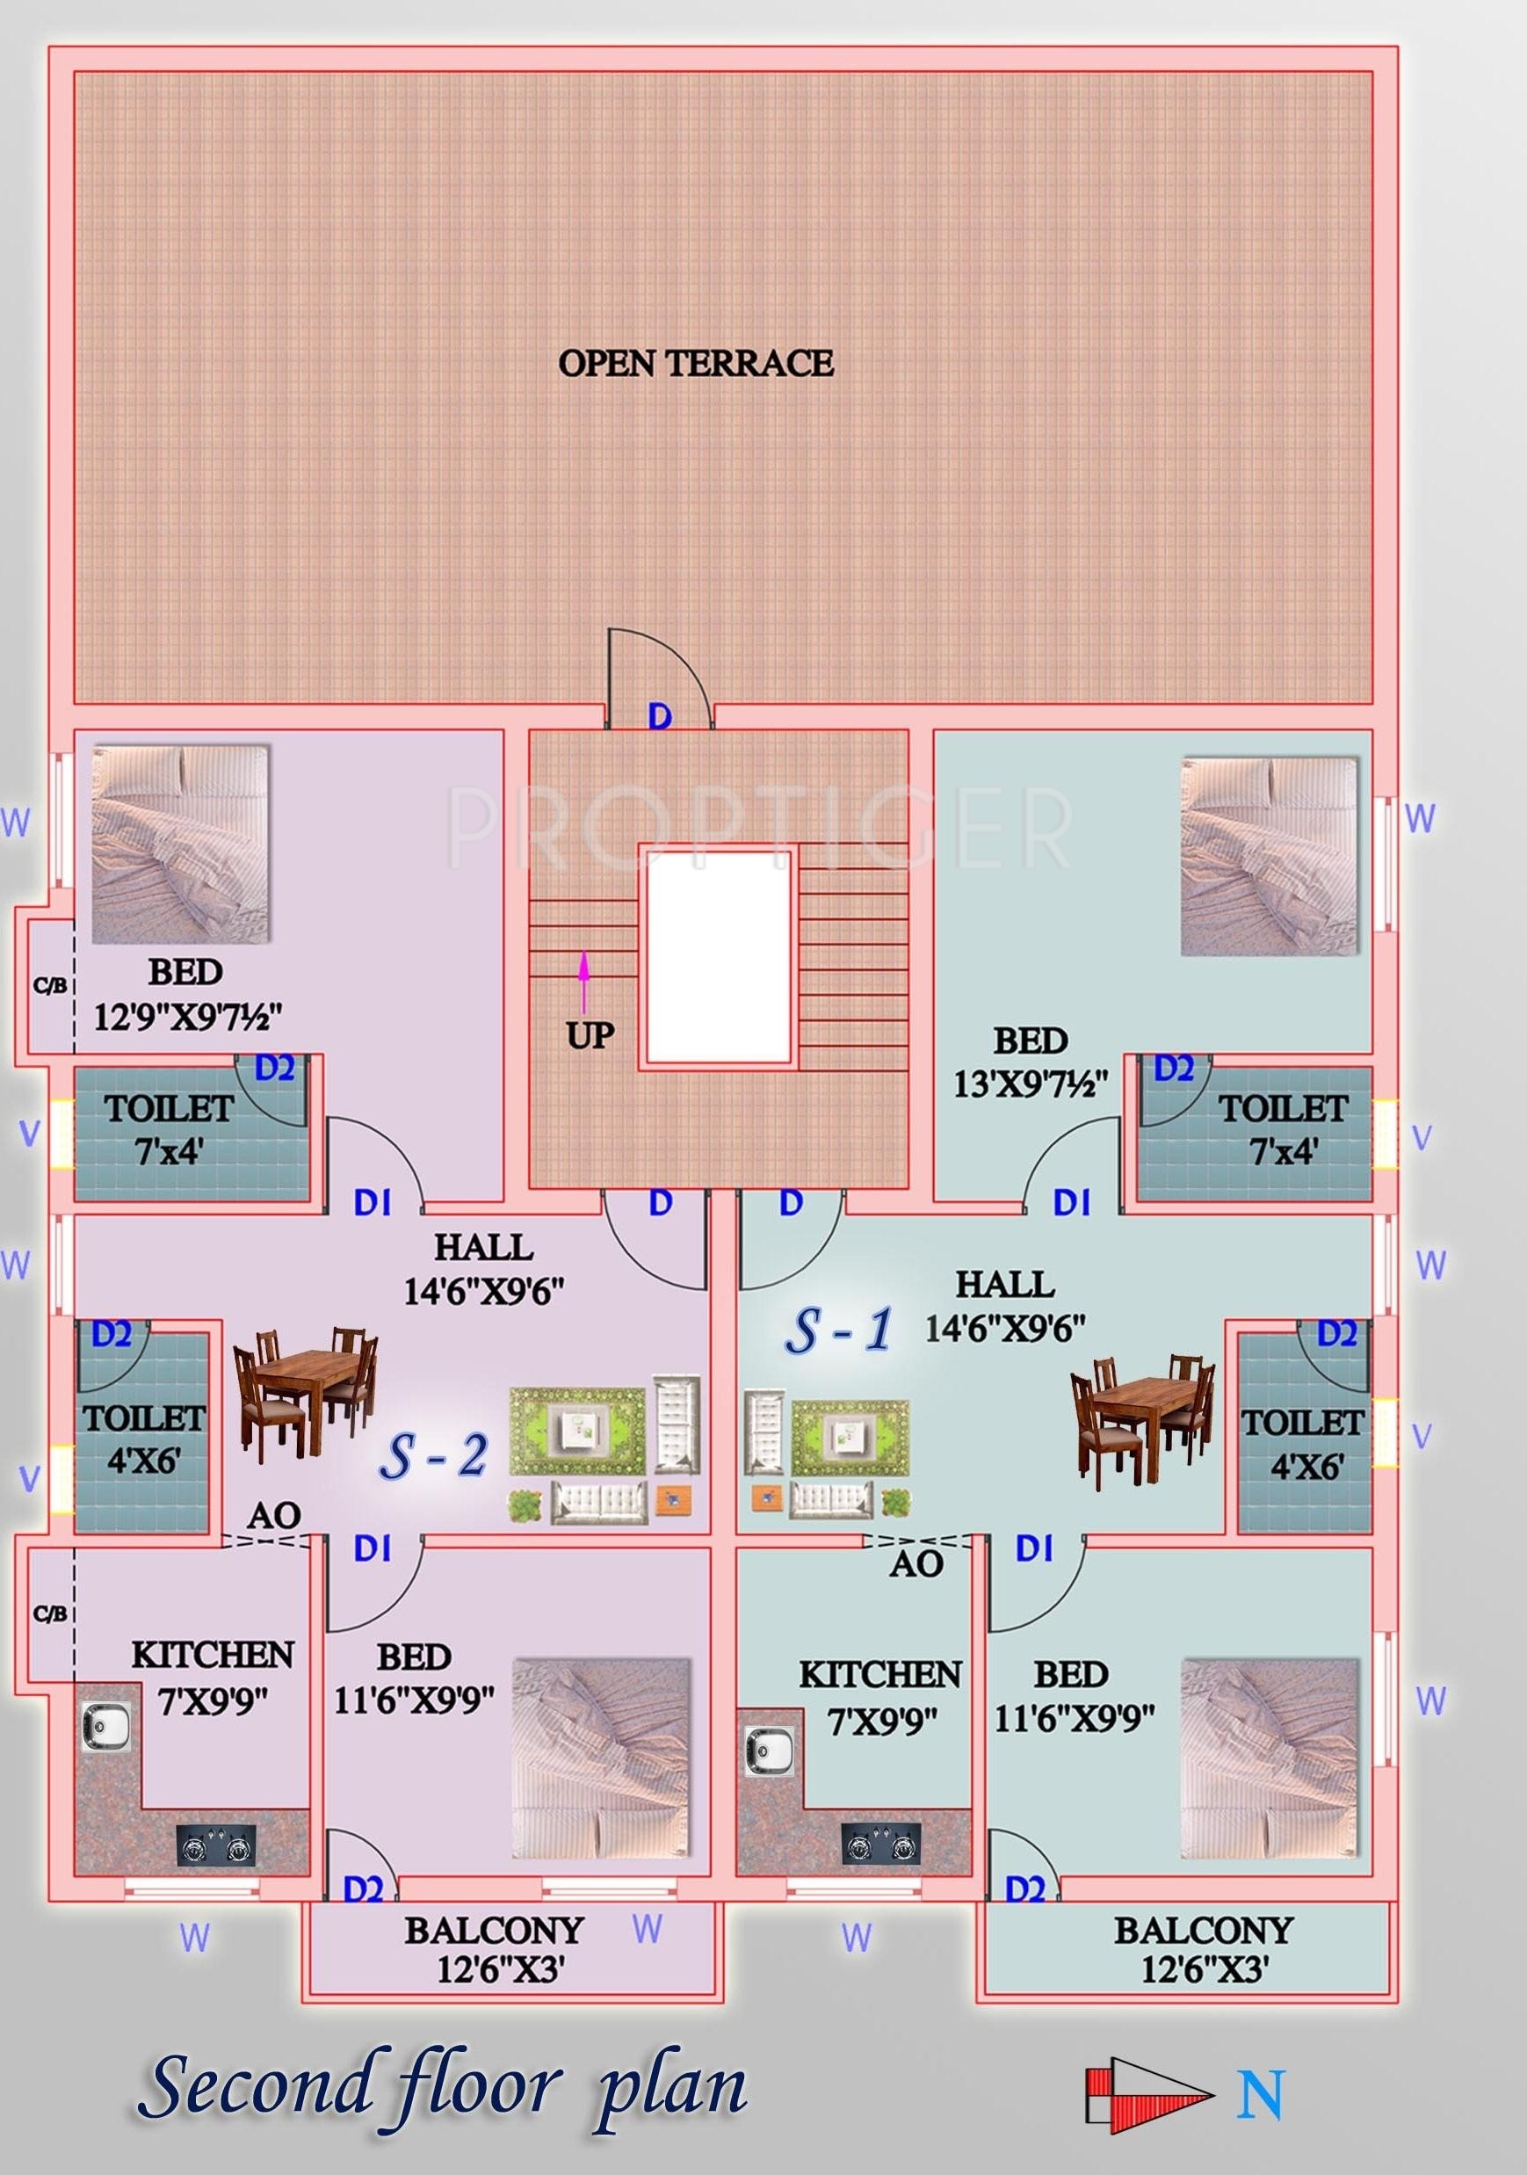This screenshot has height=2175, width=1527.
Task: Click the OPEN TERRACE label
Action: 696,363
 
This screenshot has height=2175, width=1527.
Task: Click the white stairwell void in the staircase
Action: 719,955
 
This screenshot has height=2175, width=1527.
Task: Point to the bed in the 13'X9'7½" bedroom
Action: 1270,855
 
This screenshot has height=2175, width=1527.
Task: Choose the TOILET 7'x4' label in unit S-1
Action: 1283,1129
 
